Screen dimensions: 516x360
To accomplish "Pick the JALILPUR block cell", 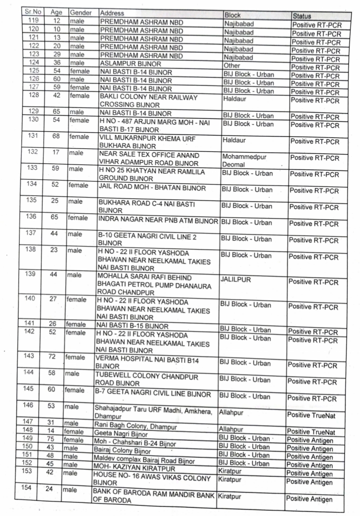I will point(235,279).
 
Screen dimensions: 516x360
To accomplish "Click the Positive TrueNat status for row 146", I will point(310,414).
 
